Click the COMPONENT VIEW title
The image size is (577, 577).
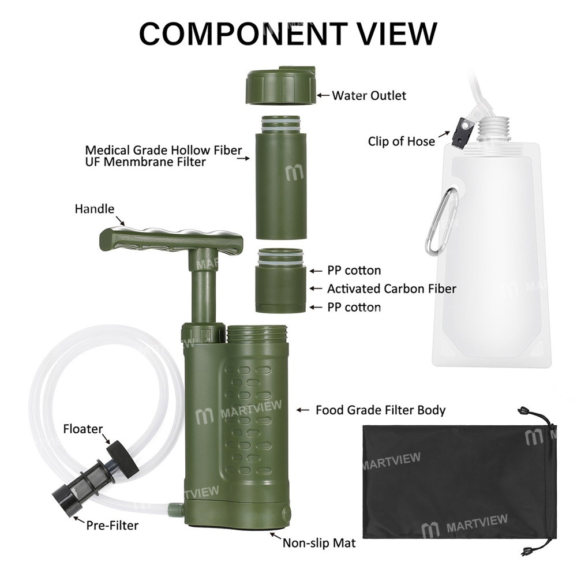click(x=288, y=34)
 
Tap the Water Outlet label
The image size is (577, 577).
click(x=369, y=96)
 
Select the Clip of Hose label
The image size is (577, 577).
click(x=401, y=141)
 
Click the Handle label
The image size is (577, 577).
click(x=95, y=209)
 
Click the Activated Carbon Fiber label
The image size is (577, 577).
click(x=392, y=289)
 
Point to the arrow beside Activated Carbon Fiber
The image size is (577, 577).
click(x=316, y=289)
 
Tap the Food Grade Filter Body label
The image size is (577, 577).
click(x=380, y=410)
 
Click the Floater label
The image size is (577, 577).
click(x=83, y=429)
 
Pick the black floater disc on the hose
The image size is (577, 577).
click(x=122, y=459)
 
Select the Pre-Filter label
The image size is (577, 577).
click(x=113, y=525)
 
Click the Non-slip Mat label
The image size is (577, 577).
click(x=319, y=543)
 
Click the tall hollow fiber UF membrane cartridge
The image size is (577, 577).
click(x=281, y=178)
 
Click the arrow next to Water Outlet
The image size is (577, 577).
click(x=323, y=95)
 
